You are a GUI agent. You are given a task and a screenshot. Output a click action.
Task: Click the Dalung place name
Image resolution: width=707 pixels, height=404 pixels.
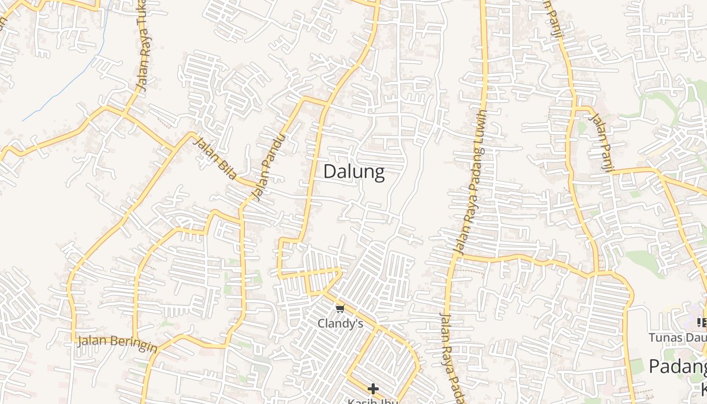[x=353, y=172]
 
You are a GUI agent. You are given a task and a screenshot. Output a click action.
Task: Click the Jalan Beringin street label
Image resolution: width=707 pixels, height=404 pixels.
[x=117, y=343]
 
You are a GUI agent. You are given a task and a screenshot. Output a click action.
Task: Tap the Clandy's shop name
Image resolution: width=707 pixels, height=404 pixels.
[x=340, y=323]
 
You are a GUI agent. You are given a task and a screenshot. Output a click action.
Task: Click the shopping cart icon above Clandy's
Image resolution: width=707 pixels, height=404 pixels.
[x=340, y=309]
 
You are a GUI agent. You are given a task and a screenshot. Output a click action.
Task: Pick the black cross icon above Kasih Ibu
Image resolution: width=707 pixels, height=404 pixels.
[x=373, y=388]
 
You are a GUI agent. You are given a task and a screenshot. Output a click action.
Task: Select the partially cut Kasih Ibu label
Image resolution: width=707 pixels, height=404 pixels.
[x=373, y=401]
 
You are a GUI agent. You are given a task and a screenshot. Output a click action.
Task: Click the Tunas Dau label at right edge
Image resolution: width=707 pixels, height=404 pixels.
[x=677, y=337]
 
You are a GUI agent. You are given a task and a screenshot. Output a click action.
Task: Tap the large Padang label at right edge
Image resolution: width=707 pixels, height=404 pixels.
[x=677, y=367]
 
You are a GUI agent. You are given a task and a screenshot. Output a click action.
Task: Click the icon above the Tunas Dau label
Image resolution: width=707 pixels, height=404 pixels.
[x=701, y=322]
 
